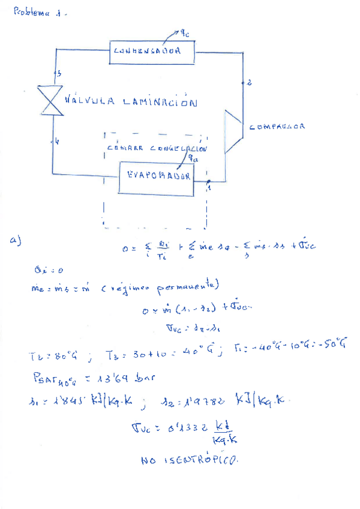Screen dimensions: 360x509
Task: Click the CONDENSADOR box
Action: click(152, 52)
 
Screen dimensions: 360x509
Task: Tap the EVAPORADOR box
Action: click(157, 177)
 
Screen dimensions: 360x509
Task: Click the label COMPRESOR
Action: click(277, 127)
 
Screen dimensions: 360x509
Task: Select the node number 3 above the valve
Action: click(58, 74)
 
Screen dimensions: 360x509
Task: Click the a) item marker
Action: click(16, 240)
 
